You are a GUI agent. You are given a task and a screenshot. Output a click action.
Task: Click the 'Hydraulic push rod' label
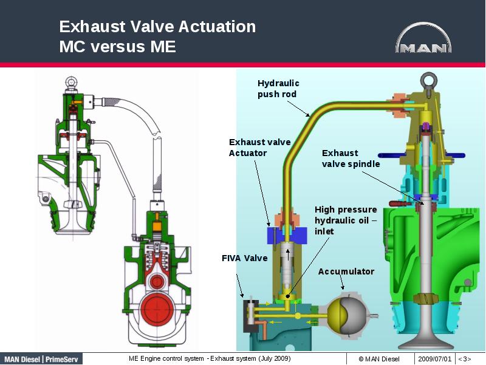(x=278, y=89)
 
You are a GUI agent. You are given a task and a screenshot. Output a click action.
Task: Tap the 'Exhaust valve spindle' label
(x=351, y=159)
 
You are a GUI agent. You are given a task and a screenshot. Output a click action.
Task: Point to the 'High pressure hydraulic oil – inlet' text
(x=345, y=220)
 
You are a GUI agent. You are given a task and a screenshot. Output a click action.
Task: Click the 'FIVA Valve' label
(x=244, y=258)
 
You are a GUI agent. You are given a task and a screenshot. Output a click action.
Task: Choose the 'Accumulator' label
(x=346, y=271)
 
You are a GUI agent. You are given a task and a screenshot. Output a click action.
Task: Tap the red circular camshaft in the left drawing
(x=158, y=311)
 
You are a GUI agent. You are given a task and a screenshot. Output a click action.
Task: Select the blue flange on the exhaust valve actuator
(x=284, y=234)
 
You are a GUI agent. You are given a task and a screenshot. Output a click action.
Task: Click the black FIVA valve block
(x=250, y=314)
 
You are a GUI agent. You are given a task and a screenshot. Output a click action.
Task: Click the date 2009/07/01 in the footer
(x=434, y=359)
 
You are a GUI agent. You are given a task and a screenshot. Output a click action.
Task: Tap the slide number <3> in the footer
(x=464, y=359)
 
